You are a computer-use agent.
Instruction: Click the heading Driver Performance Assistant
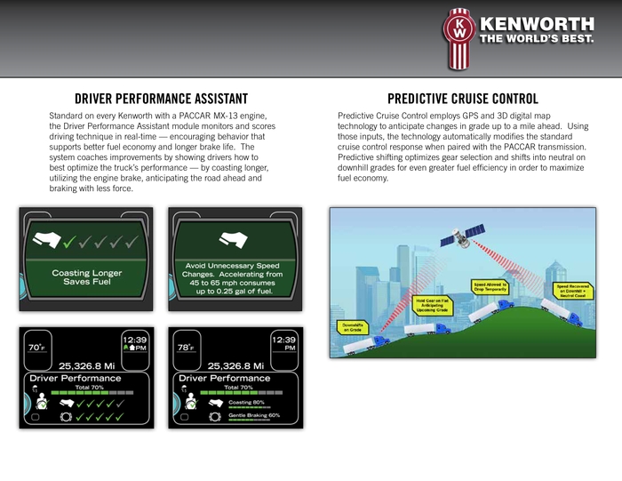coord(161,99)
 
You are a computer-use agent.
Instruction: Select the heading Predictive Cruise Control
coord(463,99)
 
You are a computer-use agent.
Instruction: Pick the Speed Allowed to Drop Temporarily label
coord(490,286)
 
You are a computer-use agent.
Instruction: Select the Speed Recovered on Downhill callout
coord(574,291)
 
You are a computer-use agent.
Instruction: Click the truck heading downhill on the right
coord(560,310)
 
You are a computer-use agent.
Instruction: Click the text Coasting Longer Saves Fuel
coord(86,277)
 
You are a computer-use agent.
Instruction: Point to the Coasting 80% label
coord(247,401)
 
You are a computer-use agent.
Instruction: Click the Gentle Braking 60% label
coord(254,415)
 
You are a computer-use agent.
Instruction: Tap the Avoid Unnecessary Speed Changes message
coord(235,277)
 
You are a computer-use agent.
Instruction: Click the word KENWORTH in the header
coord(536,24)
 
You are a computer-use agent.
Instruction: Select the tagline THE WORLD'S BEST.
coord(537,39)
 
